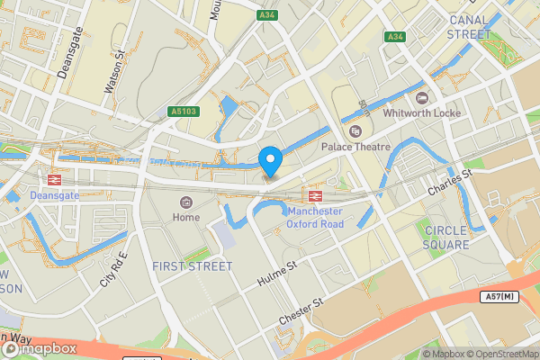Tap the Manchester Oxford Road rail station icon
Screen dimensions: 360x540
point(316,195)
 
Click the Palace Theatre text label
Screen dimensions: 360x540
point(363,147)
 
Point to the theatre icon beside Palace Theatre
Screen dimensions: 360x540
point(355,130)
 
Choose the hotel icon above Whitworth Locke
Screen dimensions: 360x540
point(422,97)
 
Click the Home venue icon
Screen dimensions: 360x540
point(186,202)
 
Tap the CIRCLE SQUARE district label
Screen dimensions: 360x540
point(446,238)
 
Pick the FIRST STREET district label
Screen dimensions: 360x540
point(192,266)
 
